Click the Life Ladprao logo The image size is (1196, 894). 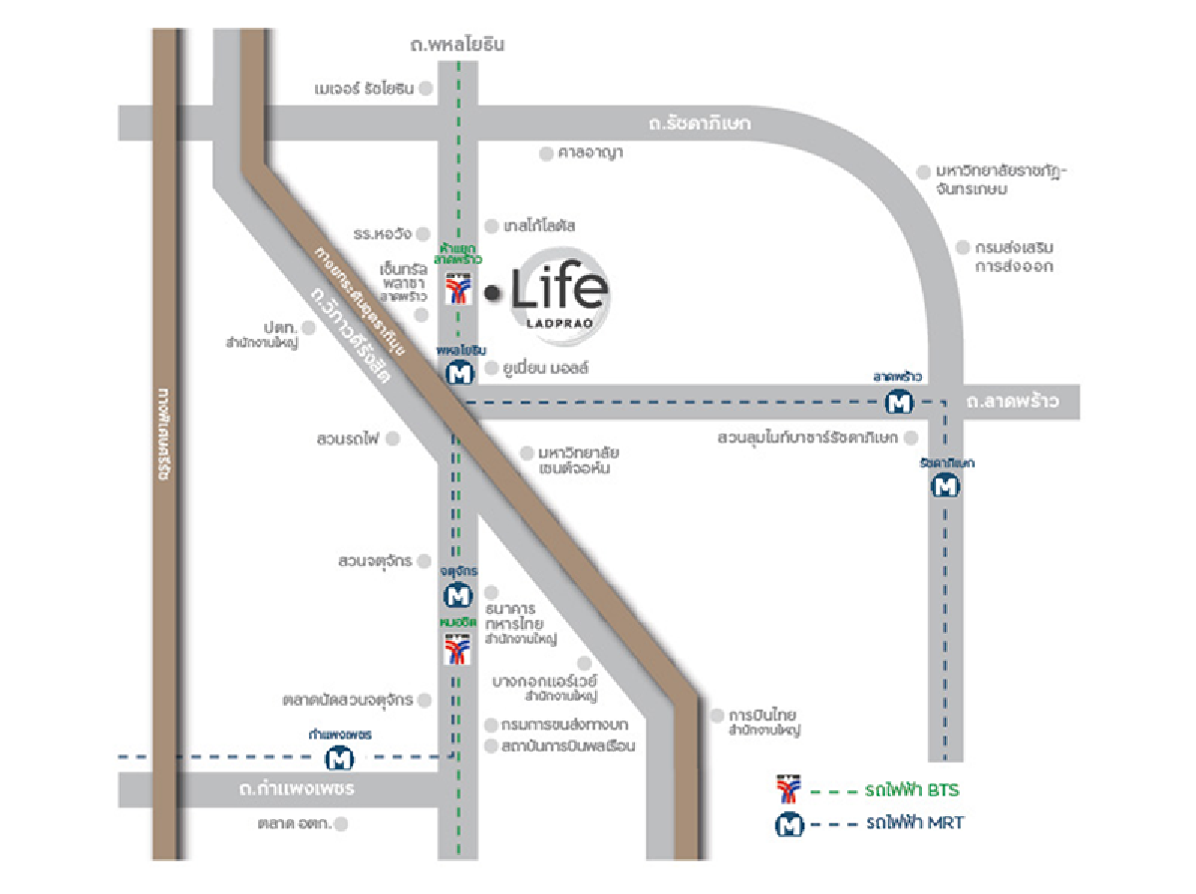tap(558, 291)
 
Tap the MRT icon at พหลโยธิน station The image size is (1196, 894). tap(458, 375)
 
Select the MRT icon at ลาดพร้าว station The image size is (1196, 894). tap(899, 403)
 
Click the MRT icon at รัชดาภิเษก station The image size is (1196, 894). tap(945, 486)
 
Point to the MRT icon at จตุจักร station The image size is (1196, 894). tap(457, 596)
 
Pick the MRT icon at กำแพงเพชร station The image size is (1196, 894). tap(341, 758)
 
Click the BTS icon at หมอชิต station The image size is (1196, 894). tap(457, 651)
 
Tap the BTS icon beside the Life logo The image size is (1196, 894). tap(457, 290)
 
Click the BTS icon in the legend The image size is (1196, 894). tap(788, 790)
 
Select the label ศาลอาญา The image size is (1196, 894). tap(590, 153)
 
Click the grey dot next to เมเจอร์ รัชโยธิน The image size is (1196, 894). tap(426, 89)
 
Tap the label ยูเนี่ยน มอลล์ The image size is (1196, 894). tap(546, 369)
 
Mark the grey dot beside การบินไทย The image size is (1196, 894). tap(716, 715)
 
